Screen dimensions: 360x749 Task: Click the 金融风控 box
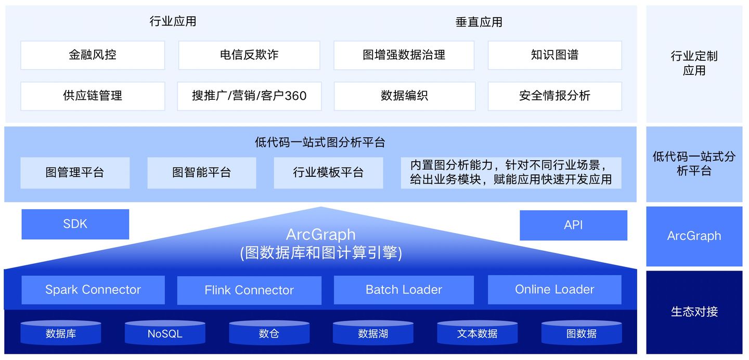(93, 55)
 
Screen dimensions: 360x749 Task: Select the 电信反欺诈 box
(249, 55)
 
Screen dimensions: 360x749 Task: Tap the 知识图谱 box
(554, 55)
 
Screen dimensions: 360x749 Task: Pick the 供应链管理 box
(93, 96)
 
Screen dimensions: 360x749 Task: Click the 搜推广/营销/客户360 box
(249, 96)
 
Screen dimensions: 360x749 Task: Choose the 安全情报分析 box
(554, 96)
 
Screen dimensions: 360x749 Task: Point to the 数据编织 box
(404, 96)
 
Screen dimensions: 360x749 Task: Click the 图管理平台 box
(75, 173)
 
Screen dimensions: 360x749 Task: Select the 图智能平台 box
(202, 173)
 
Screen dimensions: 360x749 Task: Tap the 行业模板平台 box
(328, 173)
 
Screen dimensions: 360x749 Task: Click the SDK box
(75, 224)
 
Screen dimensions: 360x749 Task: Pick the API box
(573, 225)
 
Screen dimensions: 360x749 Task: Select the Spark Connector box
(93, 290)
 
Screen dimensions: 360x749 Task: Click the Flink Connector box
(249, 290)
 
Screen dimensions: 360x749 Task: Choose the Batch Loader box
(404, 290)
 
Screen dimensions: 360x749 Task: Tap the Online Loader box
(554, 290)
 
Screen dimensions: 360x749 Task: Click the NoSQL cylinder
(165, 333)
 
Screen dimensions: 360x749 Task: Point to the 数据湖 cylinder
(373, 333)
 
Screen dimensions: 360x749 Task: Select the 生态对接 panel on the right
(694, 312)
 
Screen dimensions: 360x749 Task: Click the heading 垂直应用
(479, 22)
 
